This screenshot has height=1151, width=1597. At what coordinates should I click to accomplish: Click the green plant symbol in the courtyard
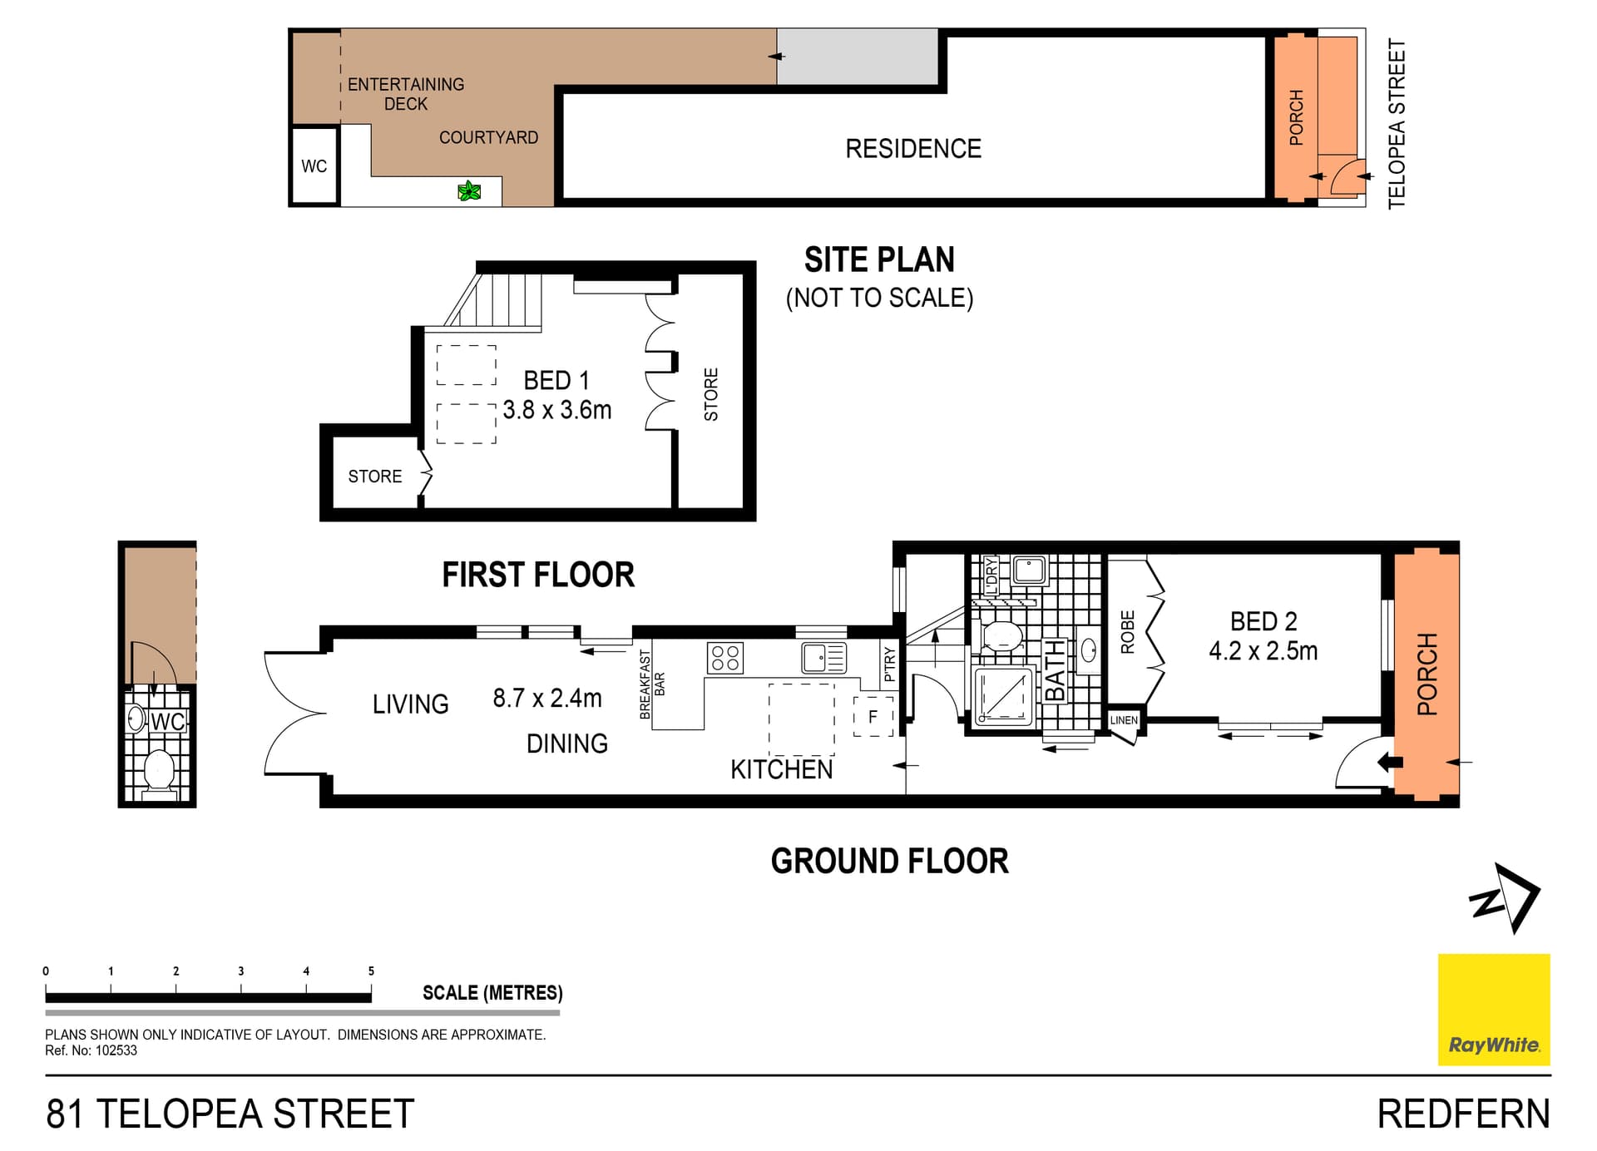(x=469, y=191)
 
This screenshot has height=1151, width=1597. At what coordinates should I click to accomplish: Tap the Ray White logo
(x=1494, y=1010)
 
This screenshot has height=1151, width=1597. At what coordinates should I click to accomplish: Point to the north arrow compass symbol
(x=1506, y=897)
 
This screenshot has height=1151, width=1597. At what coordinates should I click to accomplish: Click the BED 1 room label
(x=556, y=380)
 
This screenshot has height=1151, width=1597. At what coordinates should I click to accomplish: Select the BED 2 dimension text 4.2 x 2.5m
(x=1263, y=650)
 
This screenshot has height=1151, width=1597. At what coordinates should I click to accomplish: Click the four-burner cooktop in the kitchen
(x=724, y=658)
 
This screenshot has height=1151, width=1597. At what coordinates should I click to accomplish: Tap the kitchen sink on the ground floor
(x=823, y=658)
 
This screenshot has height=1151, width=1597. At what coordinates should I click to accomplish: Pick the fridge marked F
(x=873, y=716)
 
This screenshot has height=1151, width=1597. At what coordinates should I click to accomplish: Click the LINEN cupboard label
(x=1124, y=720)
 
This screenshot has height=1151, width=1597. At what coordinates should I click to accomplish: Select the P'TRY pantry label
(x=890, y=664)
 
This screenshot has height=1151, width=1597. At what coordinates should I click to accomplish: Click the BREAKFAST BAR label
(x=652, y=684)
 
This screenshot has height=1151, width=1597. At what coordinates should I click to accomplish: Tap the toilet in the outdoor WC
(x=159, y=771)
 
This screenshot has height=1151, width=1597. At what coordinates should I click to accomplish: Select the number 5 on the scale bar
(x=371, y=971)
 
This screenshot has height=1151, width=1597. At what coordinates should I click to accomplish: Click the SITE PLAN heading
(x=879, y=259)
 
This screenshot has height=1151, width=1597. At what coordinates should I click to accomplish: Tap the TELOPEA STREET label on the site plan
(x=1397, y=124)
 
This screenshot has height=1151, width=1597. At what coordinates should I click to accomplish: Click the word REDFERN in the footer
(x=1463, y=1114)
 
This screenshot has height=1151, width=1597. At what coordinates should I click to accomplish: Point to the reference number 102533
(x=116, y=1050)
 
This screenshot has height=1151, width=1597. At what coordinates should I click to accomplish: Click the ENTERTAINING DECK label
(x=406, y=94)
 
